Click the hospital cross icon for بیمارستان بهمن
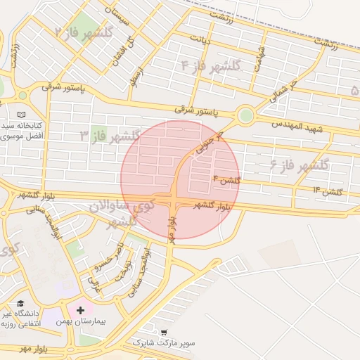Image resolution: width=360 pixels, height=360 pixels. [x=81, y=310]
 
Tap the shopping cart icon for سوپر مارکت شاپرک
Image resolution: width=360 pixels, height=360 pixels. [x=164, y=332]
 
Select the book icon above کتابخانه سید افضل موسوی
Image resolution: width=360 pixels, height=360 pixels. [x=21, y=115]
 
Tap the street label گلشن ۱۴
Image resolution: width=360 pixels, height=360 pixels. [x=327, y=191]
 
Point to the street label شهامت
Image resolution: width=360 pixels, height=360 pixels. [x=261, y=55]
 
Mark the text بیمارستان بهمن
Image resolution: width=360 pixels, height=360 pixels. [x=81, y=321]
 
